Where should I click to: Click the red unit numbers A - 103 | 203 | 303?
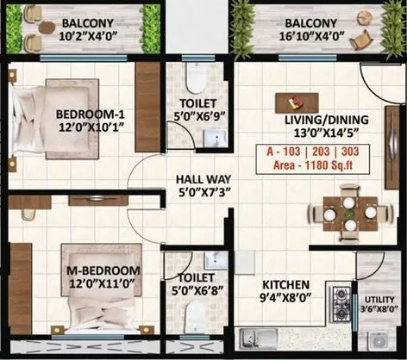pos(309,152)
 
